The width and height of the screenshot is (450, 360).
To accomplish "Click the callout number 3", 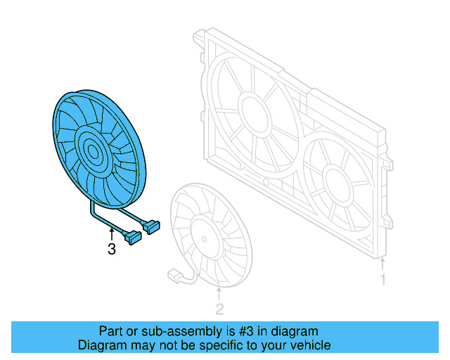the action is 111,249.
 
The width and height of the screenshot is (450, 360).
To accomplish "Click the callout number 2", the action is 219,308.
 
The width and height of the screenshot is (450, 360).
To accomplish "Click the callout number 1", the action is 383,280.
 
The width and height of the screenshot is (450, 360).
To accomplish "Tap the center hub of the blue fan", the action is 91,148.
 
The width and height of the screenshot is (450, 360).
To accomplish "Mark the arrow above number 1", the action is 383,264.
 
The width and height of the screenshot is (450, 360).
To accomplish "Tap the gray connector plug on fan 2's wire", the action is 172,273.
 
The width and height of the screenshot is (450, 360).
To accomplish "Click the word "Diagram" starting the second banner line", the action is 101,345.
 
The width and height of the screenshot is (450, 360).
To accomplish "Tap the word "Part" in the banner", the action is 111,331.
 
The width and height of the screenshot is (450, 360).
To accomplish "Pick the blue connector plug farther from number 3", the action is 153,226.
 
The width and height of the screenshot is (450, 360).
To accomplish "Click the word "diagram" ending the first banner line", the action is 297,331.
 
